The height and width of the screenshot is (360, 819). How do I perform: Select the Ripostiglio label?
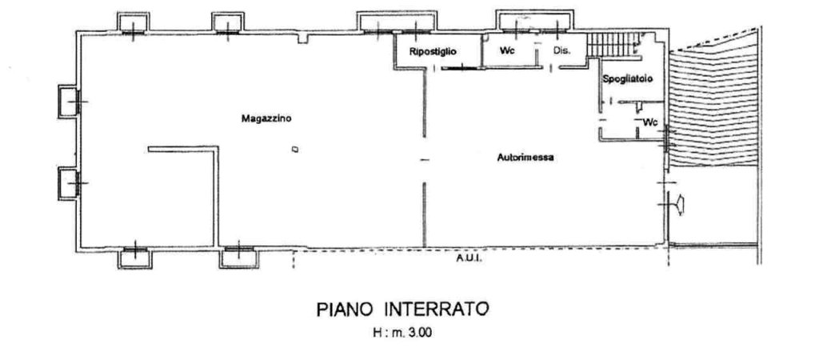pyautogui.click(x=432, y=51)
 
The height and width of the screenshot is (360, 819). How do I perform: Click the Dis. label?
pyautogui.click(x=561, y=51)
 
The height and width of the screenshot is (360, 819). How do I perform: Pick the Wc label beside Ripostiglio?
pyautogui.click(x=506, y=51)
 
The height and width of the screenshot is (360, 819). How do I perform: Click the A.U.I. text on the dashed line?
pyautogui.click(x=468, y=259)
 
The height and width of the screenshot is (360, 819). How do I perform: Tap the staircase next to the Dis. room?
pyautogui.click(x=613, y=45)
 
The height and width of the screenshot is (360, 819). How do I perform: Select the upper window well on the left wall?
pyautogui.click(x=69, y=101)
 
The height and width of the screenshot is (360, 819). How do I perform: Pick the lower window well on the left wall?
pyautogui.click(x=69, y=183)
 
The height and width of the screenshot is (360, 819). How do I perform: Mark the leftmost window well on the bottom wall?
pyautogui.click(x=134, y=256)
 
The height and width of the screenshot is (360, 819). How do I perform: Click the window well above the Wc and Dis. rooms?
pyautogui.click(x=533, y=22)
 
